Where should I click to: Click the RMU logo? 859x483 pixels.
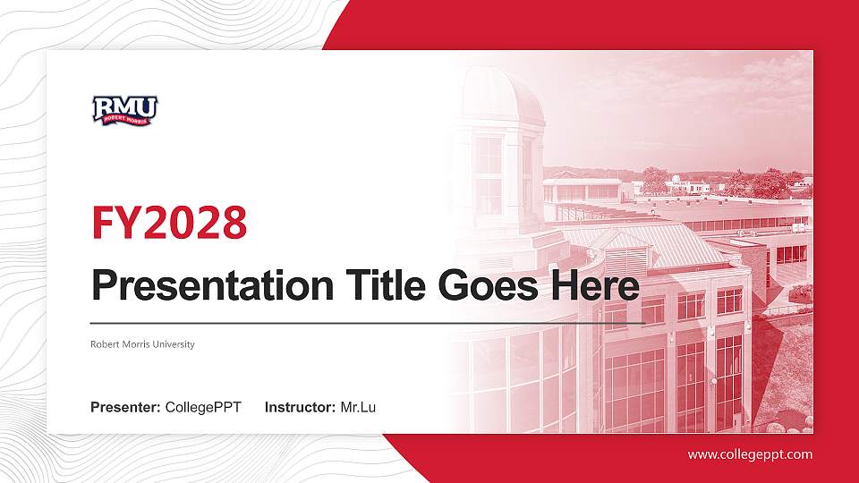[x=124, y=110]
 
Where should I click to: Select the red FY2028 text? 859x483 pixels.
[x=169, y=223]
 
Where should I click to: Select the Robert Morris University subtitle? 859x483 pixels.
[x=142, y=344]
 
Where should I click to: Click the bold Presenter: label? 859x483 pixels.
[x=125, y=408]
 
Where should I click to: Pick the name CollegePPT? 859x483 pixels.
[x=203, y=408]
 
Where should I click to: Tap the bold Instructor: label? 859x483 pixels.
[x=301, y=408]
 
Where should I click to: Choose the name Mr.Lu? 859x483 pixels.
[x=358, y=408]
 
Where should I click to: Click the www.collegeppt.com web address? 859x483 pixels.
[x=750, y=454]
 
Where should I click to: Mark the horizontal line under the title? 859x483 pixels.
[x=367, y=322]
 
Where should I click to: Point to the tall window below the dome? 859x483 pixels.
[x=488, y=174]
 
